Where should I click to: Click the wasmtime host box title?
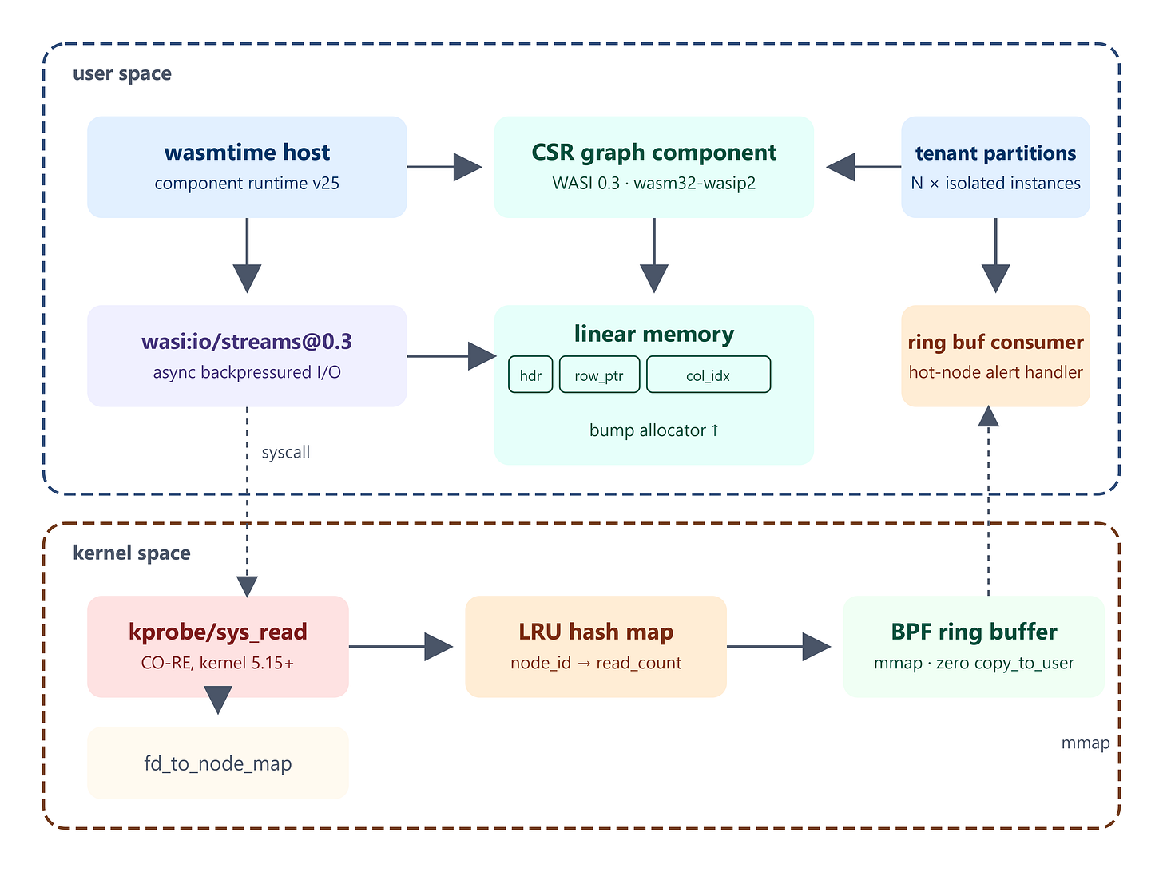click(x=247, y=153)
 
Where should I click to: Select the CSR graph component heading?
click(x=654, y=153)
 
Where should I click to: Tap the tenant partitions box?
click(x=995, y=167)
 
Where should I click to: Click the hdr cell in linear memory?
click(x=530, y=375)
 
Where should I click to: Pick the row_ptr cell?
click(x=599, y=375)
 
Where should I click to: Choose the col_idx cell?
click(x=709, y=375)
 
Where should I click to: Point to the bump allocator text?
click(x=654, y=430)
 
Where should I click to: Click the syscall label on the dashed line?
click(x=286, y=453)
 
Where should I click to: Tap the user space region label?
click(x=122, y=74)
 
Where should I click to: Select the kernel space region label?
click(x=132, y=553)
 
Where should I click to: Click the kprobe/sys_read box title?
click(x=218, y=632)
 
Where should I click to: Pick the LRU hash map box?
click(x=596, y=647)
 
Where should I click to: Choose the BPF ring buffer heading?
click(x=974, y=632)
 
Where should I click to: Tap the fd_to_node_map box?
click(x=218, y=763)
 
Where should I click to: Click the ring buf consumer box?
click(x=995, y=356)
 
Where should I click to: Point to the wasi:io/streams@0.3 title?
click(x=247, y=342)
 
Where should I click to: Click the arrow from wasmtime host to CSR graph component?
click(x=445, y=167)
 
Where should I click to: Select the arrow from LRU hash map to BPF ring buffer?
click(x=778, y=647)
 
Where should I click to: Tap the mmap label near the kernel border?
click(x=1085, y=743)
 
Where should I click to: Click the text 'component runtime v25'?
click(x=247, y=183)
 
